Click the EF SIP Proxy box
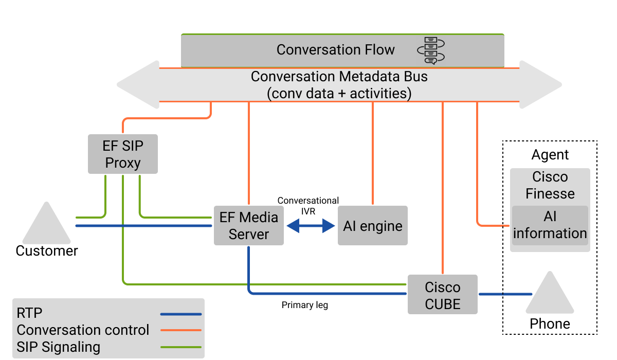click(123, 154)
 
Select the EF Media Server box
click(249, 226)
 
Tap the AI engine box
click(373, 226)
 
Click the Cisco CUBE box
click(443, 295)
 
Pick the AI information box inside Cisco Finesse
click(550, 225)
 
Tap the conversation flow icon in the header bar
click(431, 50)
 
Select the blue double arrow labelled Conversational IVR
click(311, 226)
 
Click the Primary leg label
click(305, 305)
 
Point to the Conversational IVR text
click(308, 205)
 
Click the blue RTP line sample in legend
click(180, 314)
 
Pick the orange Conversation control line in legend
click(180, 330)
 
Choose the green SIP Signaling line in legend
click(180, 347)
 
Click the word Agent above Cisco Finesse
click(550, 155)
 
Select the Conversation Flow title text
click(335, 50)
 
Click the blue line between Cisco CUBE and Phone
click(505, 294)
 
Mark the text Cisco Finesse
click(550, 185)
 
